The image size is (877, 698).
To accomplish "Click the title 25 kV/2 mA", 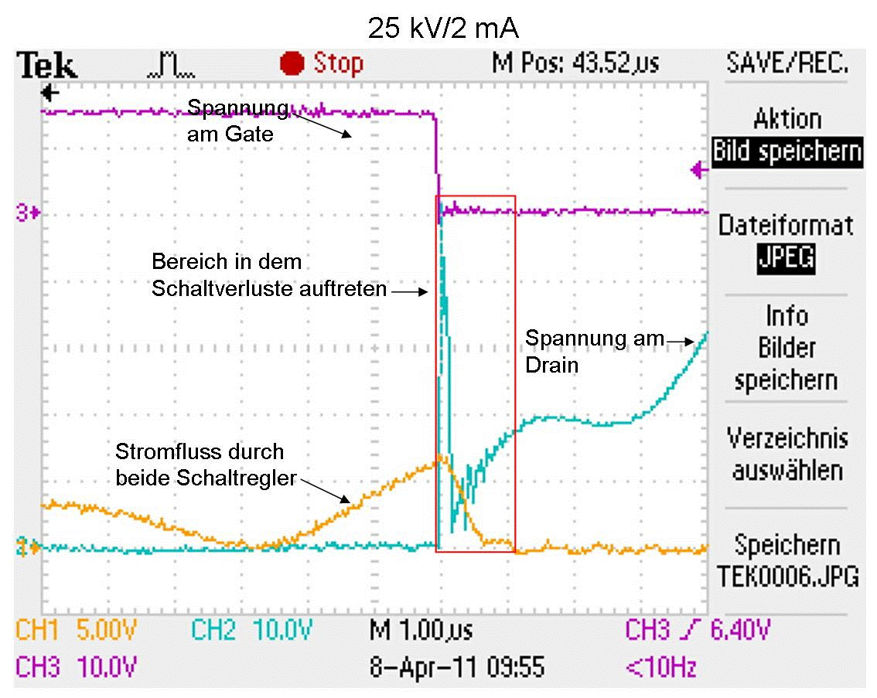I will coord(442,29).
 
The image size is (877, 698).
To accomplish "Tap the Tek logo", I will coord(48,66).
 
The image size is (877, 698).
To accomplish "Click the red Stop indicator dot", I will coord(292,63).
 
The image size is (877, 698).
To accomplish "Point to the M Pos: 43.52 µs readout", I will coord(575,63).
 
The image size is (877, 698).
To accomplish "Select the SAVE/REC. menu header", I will coord(787,63).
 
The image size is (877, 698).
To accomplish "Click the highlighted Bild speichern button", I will coord(787,151).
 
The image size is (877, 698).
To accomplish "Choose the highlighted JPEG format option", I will coord(787,257).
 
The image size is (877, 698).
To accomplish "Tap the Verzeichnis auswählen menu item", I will coord(787,455).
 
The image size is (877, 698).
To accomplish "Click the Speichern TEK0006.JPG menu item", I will coord(787,560).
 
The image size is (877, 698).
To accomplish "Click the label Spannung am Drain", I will coord(594,351).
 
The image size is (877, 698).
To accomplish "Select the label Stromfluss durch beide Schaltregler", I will coord(206,465).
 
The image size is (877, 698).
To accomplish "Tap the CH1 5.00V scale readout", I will coord(76,632).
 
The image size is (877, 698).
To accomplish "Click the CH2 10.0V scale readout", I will coord(251,632).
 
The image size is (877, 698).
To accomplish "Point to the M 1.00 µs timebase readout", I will coord(421,632).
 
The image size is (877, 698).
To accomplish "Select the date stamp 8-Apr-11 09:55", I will coord(456,666).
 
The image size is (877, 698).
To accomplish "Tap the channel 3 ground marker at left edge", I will coord(29,211).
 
